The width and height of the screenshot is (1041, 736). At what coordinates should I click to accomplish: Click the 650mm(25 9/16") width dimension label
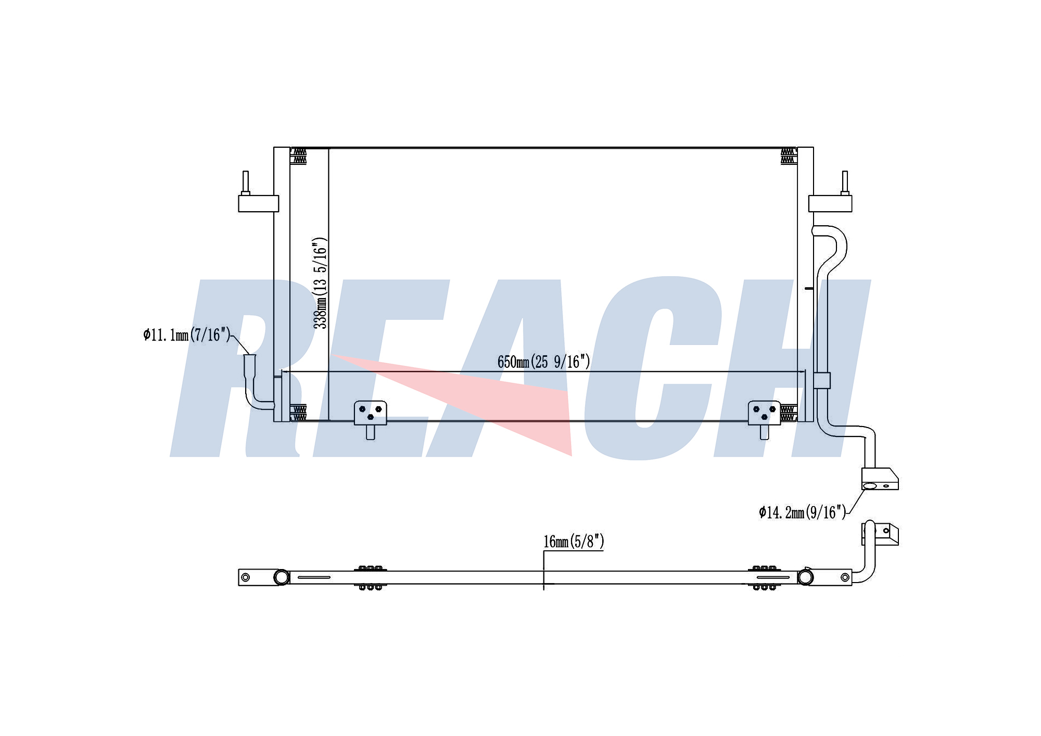click(x=543, y=361)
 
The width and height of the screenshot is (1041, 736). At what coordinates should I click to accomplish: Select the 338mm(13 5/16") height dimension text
click(x=320, y=283)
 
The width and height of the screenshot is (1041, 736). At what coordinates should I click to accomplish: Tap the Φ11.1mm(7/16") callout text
click(x=187, y=334)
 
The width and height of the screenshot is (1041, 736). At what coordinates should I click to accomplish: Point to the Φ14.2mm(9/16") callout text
click(x=803, y=512)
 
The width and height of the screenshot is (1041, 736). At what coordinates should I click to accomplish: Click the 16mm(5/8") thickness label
click(x=574, y=541)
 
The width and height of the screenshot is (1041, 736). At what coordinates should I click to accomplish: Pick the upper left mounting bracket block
click(x=259, y=203)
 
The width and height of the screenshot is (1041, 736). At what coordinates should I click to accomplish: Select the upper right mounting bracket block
click(x=830, y=203)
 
